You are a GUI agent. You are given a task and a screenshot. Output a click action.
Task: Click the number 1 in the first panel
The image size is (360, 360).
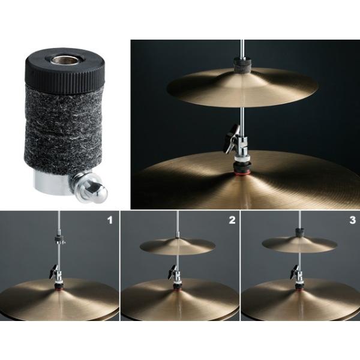[109, 221]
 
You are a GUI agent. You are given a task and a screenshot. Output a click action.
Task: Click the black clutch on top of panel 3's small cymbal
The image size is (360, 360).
[298, 231]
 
